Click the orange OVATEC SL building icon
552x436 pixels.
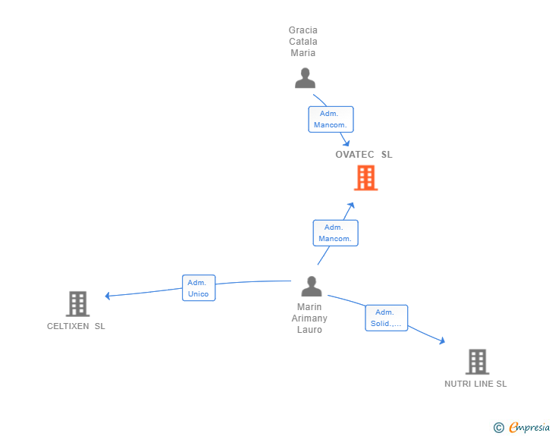[x=365, y=178]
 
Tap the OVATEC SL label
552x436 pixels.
[x=364, y=155]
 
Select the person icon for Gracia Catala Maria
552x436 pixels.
[x=305, y=78]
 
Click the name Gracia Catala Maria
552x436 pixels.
[x=303, y=42]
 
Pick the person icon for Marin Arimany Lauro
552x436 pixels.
[x=311, y=286]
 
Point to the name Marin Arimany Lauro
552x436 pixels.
[x=309, y=318]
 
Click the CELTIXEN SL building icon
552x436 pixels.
[x=77, y=303]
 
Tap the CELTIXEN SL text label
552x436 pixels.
[x=76, y=326]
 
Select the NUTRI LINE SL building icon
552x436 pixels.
[x=477, y=362]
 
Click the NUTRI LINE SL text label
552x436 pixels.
[x=475, y=384]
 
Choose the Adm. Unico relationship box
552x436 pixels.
[x=199, y=288]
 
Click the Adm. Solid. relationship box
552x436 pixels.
[x=386, y=318]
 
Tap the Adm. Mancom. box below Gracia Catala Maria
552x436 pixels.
[x=331, y=119]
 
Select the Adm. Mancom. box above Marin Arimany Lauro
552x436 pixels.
[x=335, y=233]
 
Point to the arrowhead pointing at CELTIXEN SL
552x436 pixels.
[x=108, y=296]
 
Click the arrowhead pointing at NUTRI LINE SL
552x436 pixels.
[x=441, y=342]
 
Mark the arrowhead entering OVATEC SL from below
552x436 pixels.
[x=350, y=205]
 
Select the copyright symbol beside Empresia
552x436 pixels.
[x=499, y=428]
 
